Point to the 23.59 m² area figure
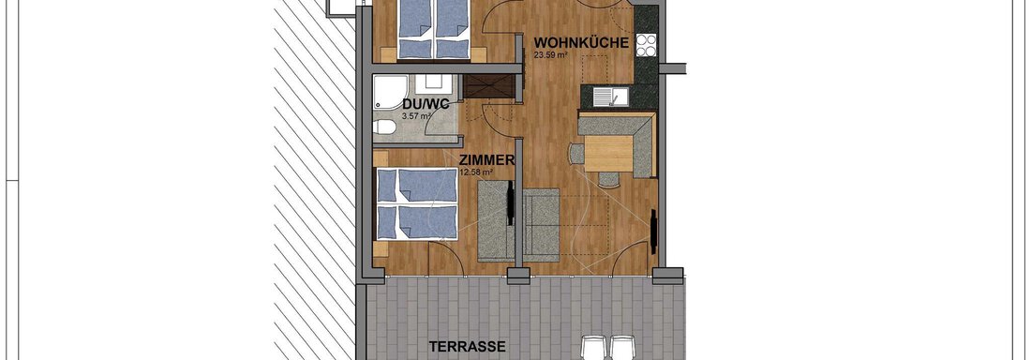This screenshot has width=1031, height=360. point(549,55)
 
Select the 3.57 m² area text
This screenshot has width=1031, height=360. point(415,116)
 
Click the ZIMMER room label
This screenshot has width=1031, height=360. point(486,160)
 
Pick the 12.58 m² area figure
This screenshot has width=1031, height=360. point(476,172)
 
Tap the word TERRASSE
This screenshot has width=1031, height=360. point(468,346)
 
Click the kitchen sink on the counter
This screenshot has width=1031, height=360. point(611,97)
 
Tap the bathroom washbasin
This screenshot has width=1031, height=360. point(435,82)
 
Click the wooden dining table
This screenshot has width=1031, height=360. point(608,153)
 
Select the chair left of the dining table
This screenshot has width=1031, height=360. point(576,154)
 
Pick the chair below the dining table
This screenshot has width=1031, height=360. point(609,179)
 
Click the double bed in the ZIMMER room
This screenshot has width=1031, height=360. point(416,204)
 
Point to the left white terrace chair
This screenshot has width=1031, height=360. point(593,348)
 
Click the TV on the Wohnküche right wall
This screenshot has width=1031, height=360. point(653,232)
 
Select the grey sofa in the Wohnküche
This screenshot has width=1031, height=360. point(541,224)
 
